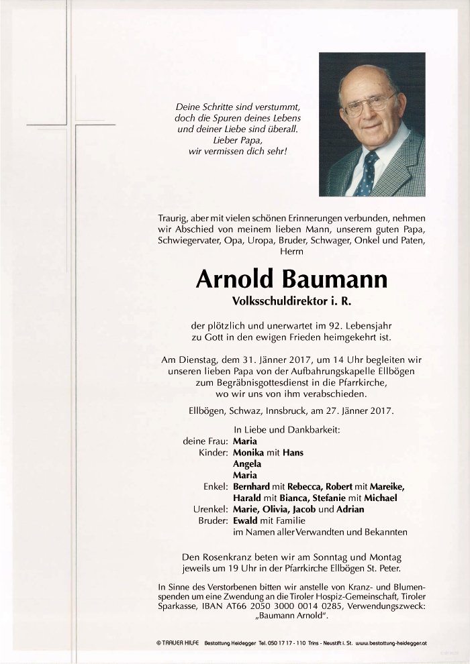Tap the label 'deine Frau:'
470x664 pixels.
[x=205, y=442]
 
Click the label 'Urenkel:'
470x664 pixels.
[x=211, y=509]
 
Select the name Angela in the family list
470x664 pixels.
[x=247, y=464]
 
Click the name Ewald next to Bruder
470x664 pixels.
[x=246, y=520]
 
